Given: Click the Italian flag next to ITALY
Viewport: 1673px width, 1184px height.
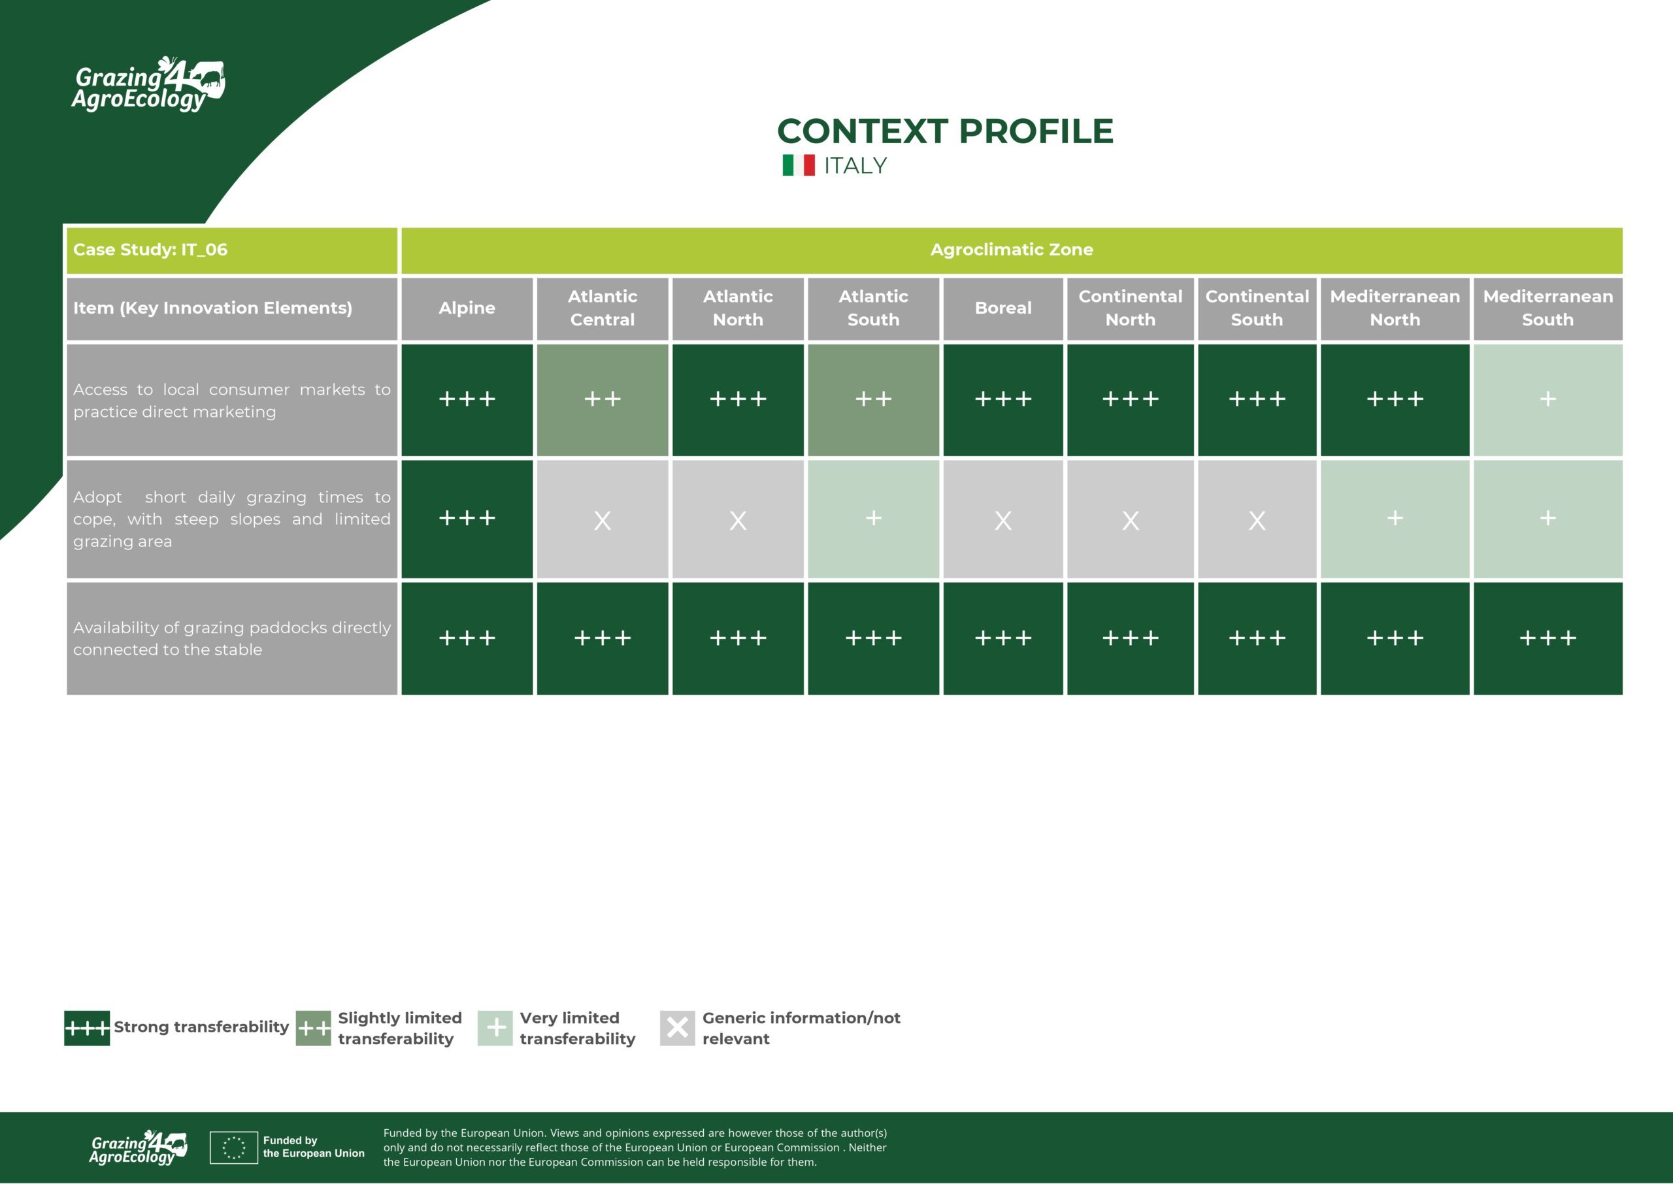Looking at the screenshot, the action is point(798,165).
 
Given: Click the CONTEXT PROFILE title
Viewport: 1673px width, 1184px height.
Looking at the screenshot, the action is point(945,131).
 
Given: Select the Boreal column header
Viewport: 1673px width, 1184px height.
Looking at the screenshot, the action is point(1003,308).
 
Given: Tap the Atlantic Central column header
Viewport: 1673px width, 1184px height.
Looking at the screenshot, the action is point(602,308).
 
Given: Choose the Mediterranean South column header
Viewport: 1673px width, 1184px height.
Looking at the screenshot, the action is point(1548,308).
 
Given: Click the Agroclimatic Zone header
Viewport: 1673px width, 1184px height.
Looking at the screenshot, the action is point(1012,250).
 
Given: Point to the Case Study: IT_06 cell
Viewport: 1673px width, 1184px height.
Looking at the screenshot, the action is point(232,250).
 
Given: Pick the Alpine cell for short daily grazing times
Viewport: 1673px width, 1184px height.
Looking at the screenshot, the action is point(467,518).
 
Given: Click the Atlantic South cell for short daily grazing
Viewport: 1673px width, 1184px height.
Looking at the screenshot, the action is point(873,518).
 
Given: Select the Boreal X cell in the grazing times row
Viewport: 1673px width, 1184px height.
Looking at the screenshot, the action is point(1003,518).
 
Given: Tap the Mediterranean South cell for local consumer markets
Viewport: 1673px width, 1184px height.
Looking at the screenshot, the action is point(1548,399).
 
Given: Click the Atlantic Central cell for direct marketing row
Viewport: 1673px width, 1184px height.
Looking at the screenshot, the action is point(602,399).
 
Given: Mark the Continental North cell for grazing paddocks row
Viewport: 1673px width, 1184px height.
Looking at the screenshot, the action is point(1130,638).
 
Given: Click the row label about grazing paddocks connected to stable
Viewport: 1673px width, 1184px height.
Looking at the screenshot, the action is point(232,638).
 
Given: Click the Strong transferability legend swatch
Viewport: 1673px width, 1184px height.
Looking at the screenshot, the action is point(87,1028).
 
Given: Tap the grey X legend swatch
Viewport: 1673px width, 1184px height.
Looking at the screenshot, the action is point(677,1028).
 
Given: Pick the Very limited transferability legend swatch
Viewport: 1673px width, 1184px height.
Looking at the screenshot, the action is point(495,1028).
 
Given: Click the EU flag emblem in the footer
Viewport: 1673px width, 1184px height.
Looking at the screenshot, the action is point(234,1147).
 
